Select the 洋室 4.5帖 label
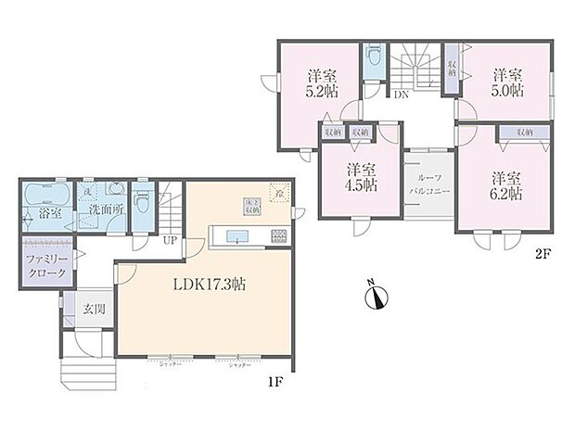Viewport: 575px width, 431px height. click(360, 177)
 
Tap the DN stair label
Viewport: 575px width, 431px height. click(402, 95)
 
